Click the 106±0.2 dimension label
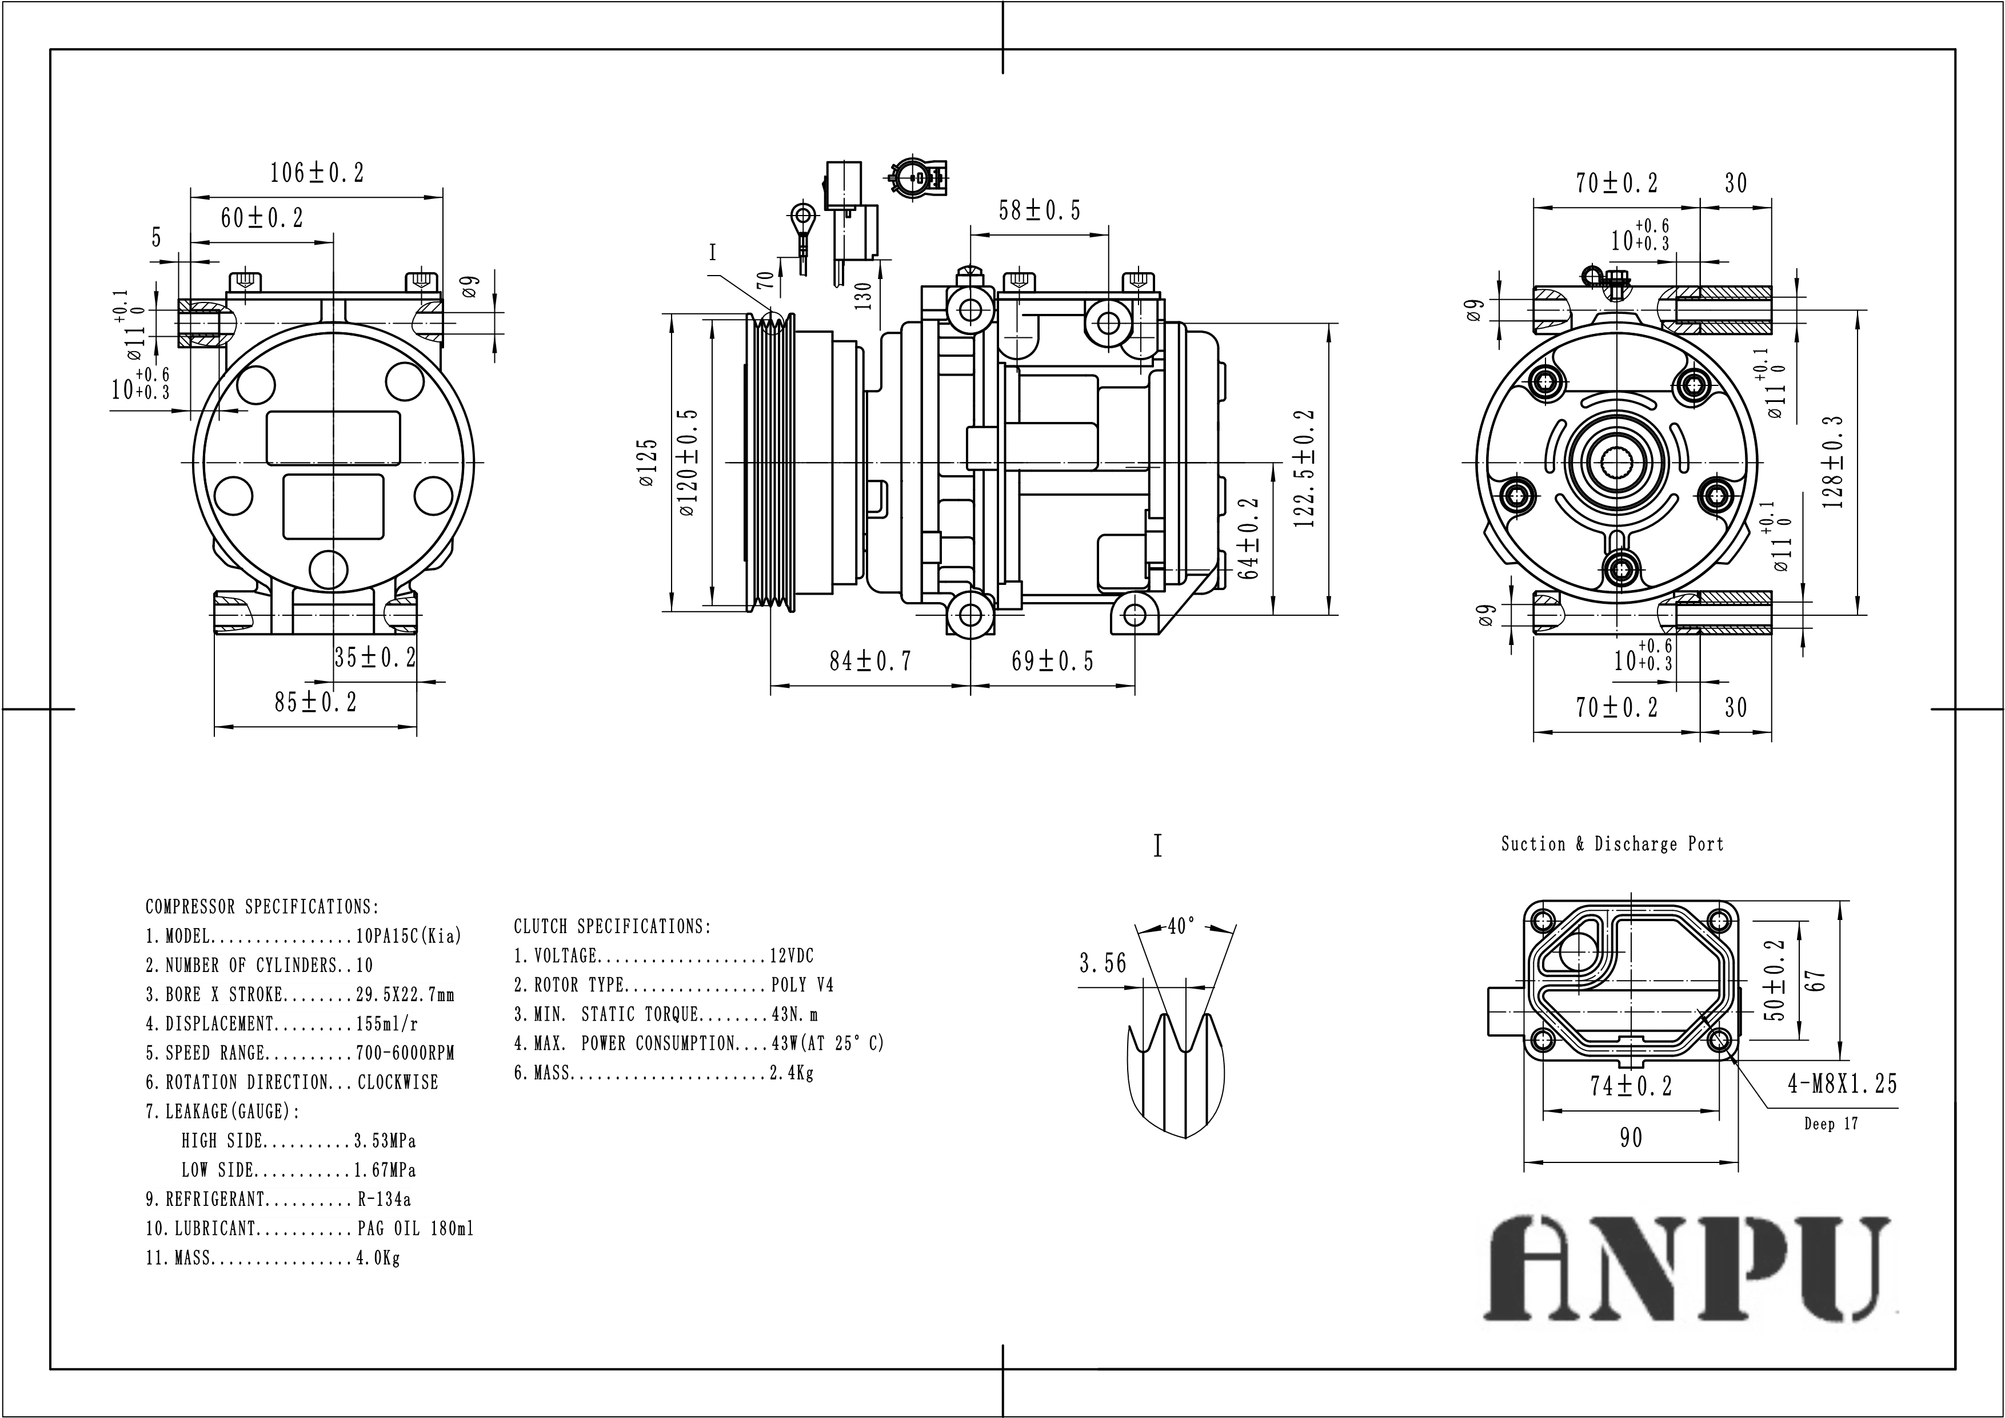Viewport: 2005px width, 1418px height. tap(316, 173)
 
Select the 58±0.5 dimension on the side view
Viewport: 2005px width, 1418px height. tap(1039, 210)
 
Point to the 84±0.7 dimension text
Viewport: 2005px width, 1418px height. tap(870, 662)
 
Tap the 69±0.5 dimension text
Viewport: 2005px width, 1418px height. tap(1052, 662)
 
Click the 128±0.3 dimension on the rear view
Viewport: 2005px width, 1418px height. tap(1834, 462)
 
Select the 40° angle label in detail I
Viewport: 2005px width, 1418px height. tap(1181, 926)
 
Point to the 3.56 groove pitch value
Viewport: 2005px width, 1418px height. tap(1103, 963)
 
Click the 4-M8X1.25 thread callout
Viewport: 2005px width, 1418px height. tap(1843, 1084)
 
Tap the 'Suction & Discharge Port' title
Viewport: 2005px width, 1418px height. tap(1612, 844)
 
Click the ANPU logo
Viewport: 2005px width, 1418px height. tap(1689, 1269)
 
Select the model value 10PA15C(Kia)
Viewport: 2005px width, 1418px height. tap(408, 937)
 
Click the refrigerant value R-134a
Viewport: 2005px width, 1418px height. tap(384, 1200)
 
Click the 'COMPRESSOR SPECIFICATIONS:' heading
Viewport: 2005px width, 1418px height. tap(262, 907)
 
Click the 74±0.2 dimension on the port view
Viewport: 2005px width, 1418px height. tap(1631, 1086)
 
